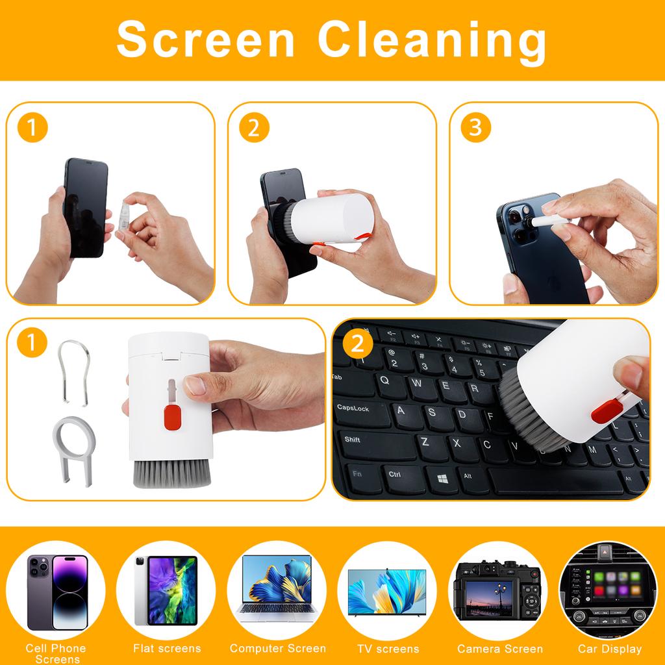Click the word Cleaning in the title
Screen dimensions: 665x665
point(432,40)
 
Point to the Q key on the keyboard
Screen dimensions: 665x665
point(384,379)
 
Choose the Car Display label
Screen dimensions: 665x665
point(609,648)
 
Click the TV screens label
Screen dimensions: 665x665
point(388,648)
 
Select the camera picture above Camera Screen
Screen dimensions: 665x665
point(499,591)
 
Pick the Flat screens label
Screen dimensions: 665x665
point(167,648)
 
